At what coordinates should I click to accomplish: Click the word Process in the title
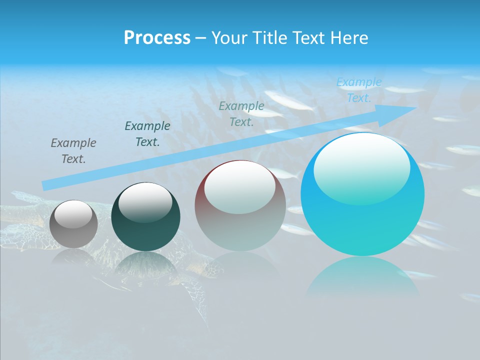157,38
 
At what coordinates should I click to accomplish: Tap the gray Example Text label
73,151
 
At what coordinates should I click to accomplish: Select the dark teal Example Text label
147,134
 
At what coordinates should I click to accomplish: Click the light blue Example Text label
359,90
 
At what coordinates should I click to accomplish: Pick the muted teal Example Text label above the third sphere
241,113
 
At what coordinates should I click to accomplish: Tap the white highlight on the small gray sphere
73,214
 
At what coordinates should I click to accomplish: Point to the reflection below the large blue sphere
362,277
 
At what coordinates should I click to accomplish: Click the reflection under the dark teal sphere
145,265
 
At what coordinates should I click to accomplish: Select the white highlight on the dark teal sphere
145,201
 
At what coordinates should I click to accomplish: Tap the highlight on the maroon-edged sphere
240,186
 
